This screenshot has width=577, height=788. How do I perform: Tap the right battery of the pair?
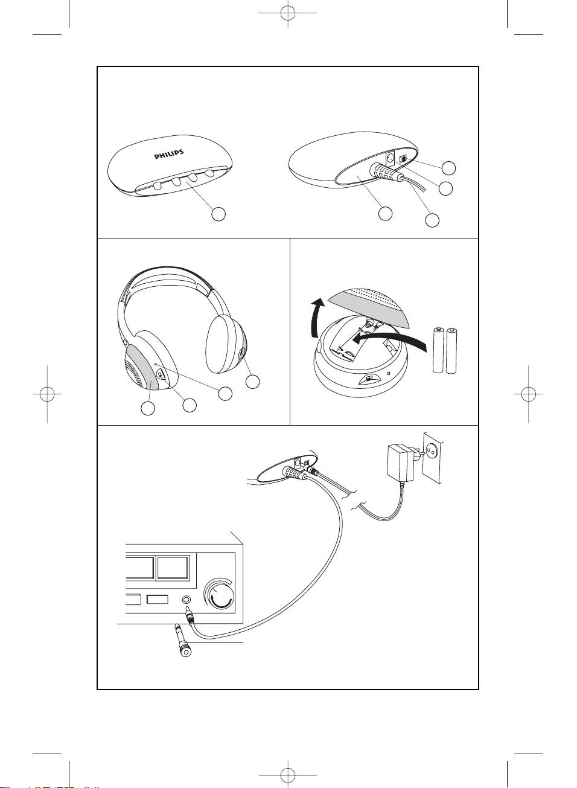click(451, 351)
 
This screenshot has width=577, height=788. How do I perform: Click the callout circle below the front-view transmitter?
click(218, 214)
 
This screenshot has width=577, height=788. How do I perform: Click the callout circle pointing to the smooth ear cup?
click(253, 382)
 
